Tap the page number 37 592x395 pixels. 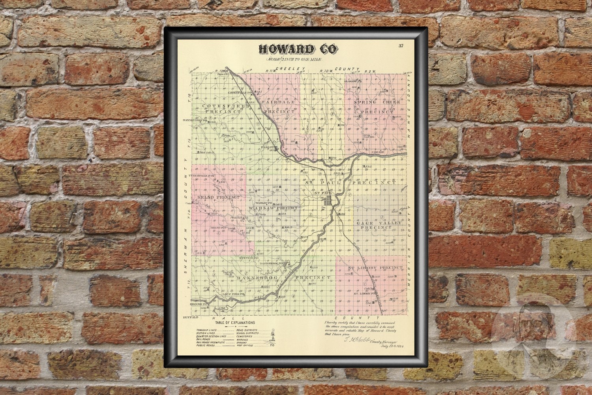click(401, 46)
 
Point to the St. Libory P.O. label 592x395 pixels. click(363, 294)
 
